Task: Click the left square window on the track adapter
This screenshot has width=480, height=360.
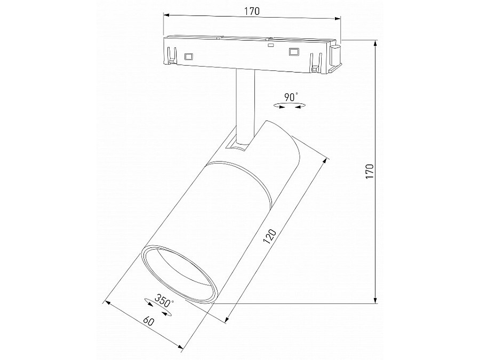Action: click(x=188, y=55)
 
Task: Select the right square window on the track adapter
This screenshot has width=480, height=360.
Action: click(x=293, y=52)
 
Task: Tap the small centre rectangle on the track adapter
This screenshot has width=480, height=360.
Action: click(x=271, y=46)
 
